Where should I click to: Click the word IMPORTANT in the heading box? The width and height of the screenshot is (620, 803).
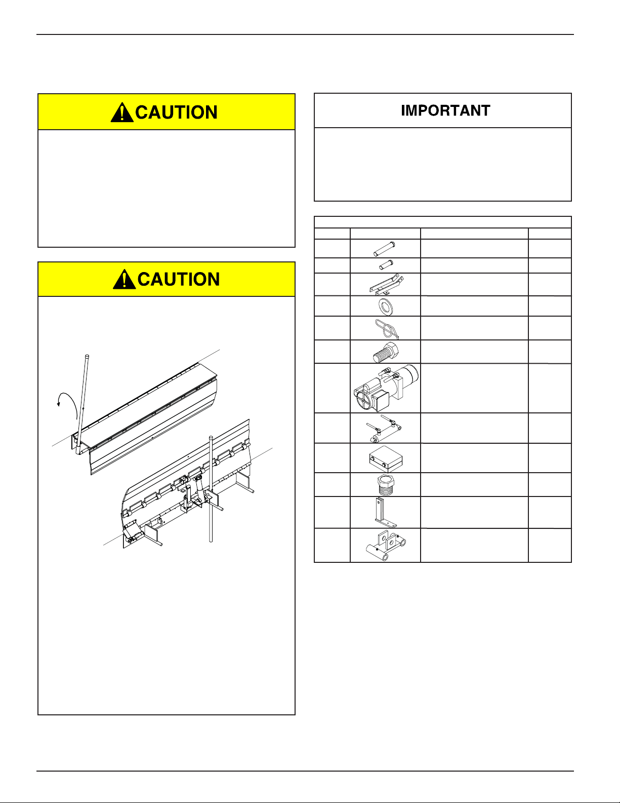[445, 110]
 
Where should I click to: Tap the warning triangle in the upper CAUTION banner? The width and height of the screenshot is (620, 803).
[122, 112]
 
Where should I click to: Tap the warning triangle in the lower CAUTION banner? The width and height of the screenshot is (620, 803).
[124, 279]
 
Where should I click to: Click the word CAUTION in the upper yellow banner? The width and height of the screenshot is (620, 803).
[177, 112]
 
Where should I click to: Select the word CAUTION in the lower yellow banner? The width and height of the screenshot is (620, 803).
[179, 279]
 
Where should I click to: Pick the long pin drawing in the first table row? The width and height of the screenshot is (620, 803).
[384, 249]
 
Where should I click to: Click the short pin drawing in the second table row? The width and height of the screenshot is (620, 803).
[386, 265]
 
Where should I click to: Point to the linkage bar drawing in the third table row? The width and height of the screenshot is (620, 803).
[386, 284]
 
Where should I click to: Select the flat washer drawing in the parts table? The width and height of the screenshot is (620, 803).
[386, 307]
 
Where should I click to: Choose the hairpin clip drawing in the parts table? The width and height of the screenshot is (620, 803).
[386, 328]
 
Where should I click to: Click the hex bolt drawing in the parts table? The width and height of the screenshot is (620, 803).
[385, 353]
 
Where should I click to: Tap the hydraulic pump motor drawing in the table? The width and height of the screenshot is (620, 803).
[386, 388]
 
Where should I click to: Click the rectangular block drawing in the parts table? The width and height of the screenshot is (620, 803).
[386, 458]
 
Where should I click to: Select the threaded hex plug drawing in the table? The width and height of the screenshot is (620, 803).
[385, 484]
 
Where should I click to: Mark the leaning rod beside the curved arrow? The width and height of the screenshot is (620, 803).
[82, 405]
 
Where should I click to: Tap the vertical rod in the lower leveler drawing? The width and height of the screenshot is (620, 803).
[211, 489]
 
